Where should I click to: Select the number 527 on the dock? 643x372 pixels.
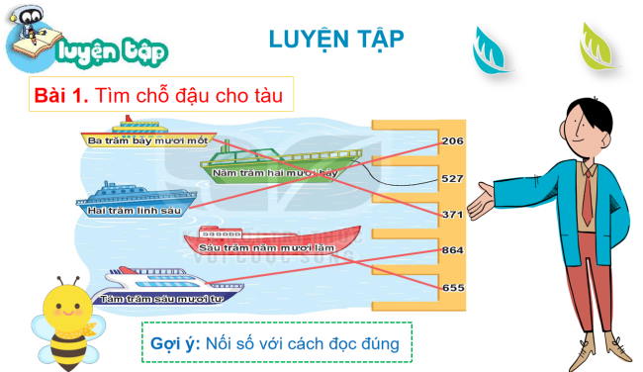pyautogui.click(x=452, y=178)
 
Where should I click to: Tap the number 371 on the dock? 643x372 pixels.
pyautogui.click(x=452, y=214)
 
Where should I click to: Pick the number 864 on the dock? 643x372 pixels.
pyautogui.click(x=452, y=250)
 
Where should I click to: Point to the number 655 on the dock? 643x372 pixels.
pyautogui.click(x=452, y=287)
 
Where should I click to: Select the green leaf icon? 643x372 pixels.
pyautogui.click(x=597, y=46)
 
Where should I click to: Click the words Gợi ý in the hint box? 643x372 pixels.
pyautogui.click(x=174, y=343)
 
